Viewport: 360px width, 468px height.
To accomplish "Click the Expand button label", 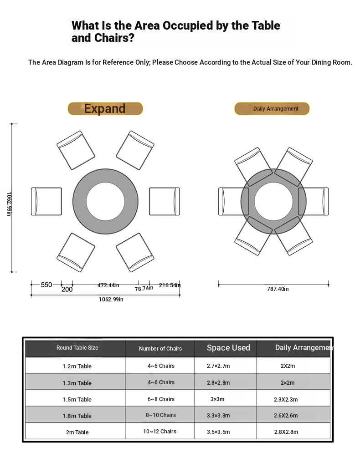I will coord(105,109).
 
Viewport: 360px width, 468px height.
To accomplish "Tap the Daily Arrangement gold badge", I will coord(272,109).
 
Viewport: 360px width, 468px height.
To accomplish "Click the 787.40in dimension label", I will coord(278,289).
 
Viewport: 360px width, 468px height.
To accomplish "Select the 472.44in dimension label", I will coord(108,285).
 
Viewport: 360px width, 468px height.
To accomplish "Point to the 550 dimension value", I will coord(46,285).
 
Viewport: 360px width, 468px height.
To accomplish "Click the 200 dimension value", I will coord(67,289).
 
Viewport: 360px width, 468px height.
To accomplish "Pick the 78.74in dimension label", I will coord(144,289).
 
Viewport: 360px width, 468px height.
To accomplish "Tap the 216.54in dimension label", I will coord(170,285).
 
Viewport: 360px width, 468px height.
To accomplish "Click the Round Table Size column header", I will coord(77,348).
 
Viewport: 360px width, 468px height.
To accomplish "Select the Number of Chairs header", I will coord(160,349).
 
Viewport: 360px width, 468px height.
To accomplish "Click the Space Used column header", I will coord(228,348).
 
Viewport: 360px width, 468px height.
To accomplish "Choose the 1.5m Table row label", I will coord(77,400).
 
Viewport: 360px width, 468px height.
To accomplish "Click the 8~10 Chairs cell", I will coord(161,415).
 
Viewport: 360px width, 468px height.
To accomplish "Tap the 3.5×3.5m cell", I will coord(218,432).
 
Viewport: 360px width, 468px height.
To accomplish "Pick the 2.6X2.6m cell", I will coord(286,416).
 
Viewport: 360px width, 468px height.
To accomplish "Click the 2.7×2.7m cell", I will coord(218,366).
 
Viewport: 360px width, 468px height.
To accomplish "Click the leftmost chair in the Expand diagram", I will coord(46,201).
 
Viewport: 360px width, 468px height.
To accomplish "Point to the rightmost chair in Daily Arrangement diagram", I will coord(314,201).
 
